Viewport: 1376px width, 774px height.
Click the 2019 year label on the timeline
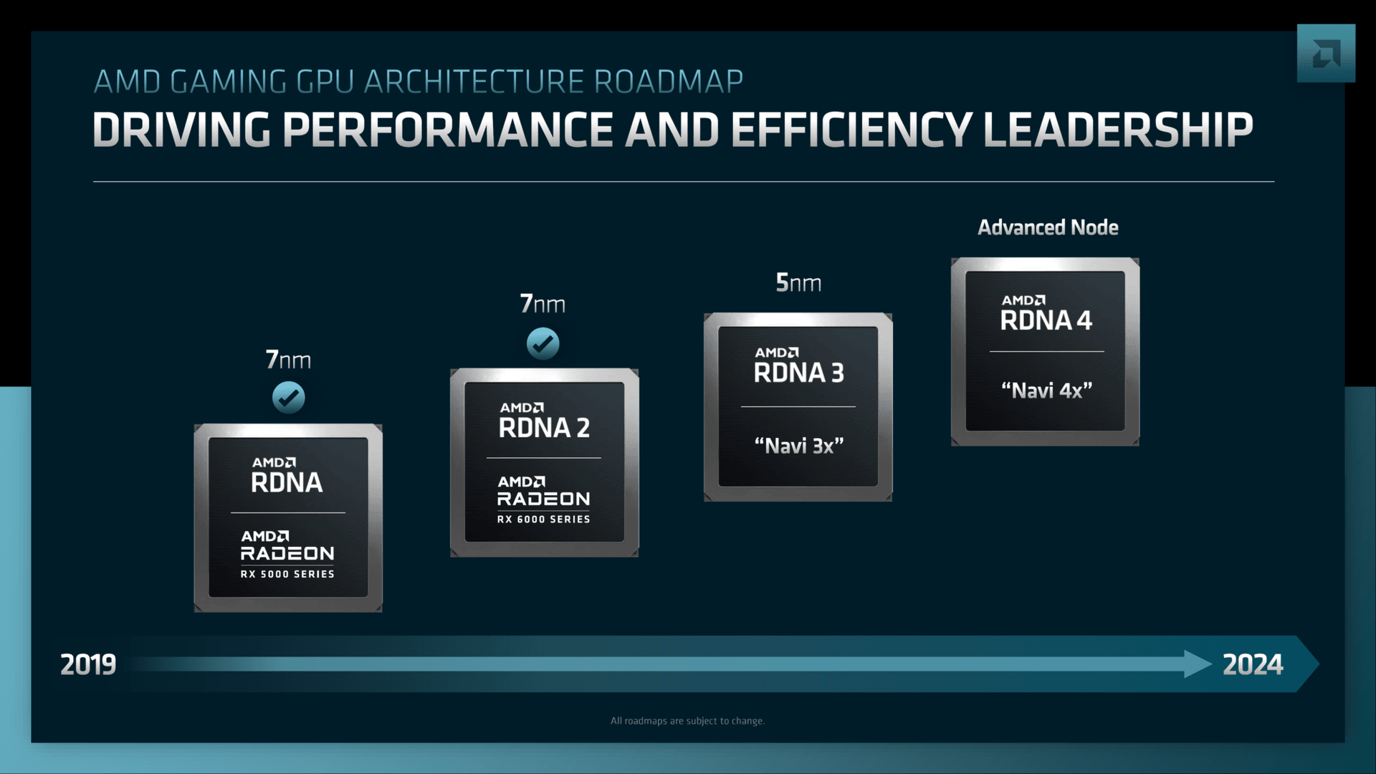(x=87, y=664)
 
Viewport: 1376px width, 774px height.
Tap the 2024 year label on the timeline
(x=1252, y=664)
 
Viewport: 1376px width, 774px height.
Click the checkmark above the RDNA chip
(x=289, y=397)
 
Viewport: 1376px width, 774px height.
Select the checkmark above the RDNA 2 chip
(x=543, y=343)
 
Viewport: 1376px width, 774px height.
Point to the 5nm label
(x=798, y=283)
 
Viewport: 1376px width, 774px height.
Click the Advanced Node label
(x=1048, y=228)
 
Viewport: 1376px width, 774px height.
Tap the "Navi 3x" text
(x=798, y=446)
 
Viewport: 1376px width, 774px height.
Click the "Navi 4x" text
(x=1046, y=391)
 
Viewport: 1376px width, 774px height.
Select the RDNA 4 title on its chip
(x=1046, y=320)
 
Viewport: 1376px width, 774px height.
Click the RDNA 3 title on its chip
(x=798, y=373)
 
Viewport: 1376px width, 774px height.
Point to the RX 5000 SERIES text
(x=287, y=574)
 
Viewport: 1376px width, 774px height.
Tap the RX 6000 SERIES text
(x=543, y=519)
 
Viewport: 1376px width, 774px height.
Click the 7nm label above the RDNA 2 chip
(x=543, y=304)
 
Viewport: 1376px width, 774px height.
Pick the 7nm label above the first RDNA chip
(x=288, y=359)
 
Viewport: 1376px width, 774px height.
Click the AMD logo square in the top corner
(x=1325, y=54)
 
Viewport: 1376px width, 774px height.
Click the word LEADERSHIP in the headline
(x=1117, y=130)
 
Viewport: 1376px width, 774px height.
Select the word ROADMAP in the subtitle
(x=668, y=82)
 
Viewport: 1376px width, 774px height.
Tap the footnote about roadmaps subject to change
(x=687, y=721)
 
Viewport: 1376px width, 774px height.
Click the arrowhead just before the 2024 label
(x=1197, y=664)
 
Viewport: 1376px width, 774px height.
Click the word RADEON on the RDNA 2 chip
(x=543, y=499)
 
